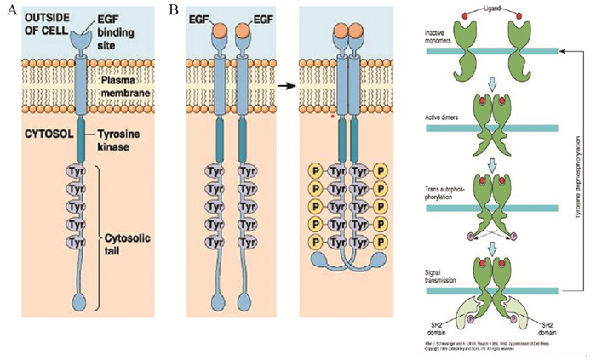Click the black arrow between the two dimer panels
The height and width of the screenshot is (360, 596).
289,86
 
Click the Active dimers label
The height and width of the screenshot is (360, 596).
438,117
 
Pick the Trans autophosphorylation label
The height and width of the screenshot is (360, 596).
442,192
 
